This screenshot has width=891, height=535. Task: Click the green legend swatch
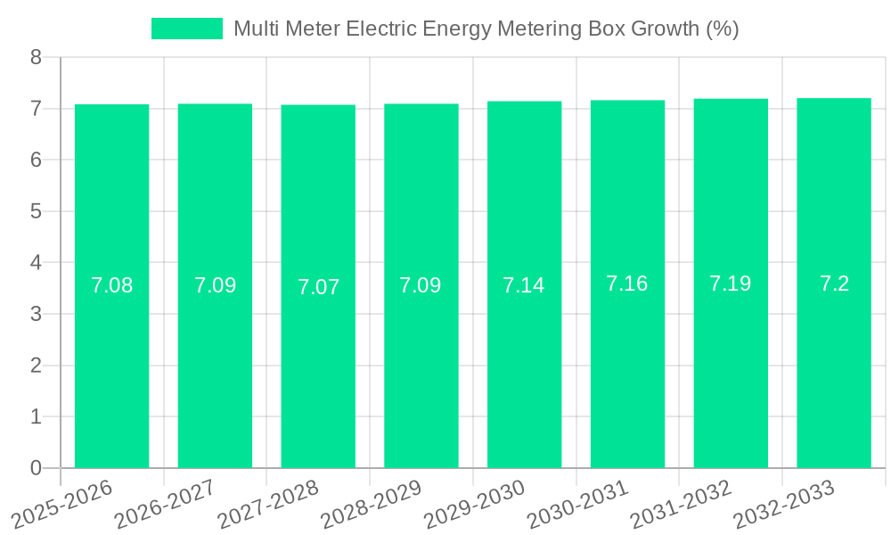(186, 29)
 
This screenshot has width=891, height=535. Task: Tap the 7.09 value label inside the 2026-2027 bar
(215, 285)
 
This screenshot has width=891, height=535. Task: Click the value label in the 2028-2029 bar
(421, 285)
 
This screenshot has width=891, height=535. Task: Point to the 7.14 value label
(524, 285)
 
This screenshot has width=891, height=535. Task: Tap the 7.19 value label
(731, 284)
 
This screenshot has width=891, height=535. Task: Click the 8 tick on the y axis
(36, 58)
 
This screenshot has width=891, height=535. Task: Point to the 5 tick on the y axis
(36, 212)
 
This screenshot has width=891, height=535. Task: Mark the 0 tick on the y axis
(36, 468)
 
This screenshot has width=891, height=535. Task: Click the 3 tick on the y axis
(36, 315)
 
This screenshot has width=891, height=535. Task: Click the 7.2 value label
(834, 284)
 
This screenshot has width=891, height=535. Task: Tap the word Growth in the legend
(665, 29)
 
